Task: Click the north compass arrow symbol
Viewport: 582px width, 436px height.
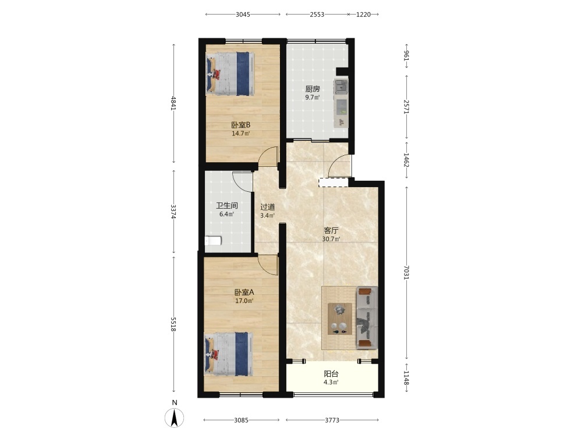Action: point(174,417)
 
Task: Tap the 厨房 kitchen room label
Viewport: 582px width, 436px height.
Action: point(313,89)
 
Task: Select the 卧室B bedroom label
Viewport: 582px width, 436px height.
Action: point(241,125)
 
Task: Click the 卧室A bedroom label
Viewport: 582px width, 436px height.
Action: point(244,292)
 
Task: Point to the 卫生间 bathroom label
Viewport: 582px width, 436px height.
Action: point(227,205)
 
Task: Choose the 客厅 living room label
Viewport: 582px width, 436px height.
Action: point(331,230)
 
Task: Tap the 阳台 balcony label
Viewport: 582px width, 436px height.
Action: point(331,374)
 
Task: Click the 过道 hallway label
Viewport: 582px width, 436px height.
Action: point(267,207)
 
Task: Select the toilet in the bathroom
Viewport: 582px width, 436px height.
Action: point(213,241)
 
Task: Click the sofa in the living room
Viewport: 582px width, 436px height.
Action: point(367,317)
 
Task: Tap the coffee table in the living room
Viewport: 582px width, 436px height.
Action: point(340,319)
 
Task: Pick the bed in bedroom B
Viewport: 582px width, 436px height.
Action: point(230,73)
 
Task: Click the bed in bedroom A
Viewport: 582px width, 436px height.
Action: point(229,353)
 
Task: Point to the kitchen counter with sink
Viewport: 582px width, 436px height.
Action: point(341,103)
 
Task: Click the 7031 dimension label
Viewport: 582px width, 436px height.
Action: point(406,273)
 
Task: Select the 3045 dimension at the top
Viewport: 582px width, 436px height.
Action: point(243,15)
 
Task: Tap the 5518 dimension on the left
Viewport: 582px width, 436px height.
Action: point(173,324)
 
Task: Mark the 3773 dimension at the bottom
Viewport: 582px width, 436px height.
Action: point(332,420)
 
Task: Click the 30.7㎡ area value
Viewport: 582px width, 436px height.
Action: point(331,239)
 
